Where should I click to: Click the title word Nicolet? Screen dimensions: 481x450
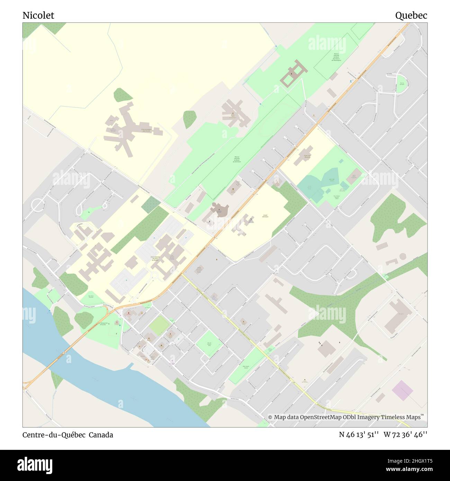(x=38, y=15)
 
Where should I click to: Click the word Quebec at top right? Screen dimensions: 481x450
(x=411, y=15)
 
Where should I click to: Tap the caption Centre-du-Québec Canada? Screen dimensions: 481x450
(x=68, y=435)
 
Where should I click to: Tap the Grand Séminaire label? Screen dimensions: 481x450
(x=265, y=216)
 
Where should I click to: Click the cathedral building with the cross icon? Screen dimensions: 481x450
(x=219, y=210)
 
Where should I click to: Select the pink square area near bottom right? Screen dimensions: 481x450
(x=402, y=390)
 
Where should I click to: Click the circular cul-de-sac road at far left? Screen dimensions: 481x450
(x=38, y=206)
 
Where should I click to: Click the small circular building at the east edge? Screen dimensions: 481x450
(x=402, y=256)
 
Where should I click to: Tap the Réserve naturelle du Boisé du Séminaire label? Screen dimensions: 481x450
(x=237, y=160)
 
